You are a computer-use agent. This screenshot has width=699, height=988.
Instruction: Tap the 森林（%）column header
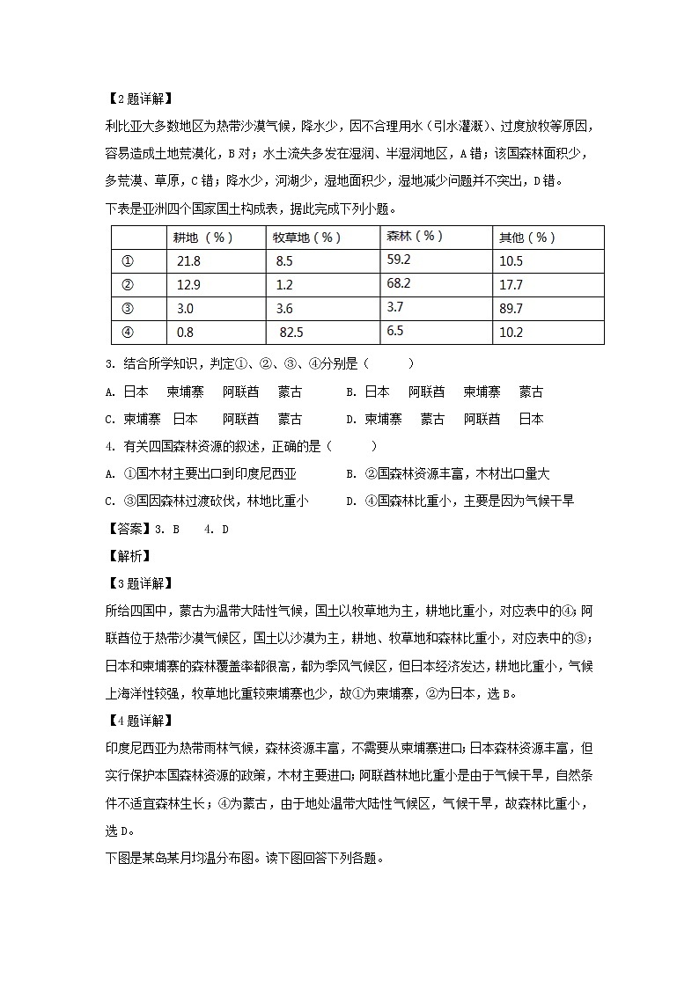(x=415, y=237)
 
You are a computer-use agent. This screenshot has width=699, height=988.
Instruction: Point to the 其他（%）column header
(x=527, y=238)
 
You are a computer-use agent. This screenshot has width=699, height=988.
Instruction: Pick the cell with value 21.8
(x=188, y=261)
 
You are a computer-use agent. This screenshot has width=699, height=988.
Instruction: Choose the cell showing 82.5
(x=291, y=333)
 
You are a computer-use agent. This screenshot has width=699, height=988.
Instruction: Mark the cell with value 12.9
(x=188, y=285)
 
